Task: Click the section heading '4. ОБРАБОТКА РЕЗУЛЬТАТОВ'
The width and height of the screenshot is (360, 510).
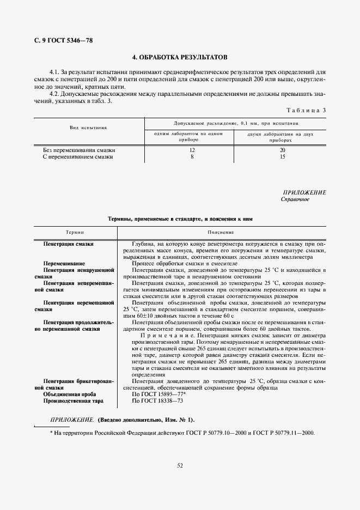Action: [180, 57]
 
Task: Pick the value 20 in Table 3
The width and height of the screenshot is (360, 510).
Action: [282, 150]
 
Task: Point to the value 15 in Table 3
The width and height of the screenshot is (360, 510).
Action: [282, 156]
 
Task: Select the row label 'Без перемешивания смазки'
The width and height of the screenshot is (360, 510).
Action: [79, 150]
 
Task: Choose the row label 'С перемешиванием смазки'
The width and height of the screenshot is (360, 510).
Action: [78, 156]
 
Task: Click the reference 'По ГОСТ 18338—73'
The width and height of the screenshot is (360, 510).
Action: [157, 400]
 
